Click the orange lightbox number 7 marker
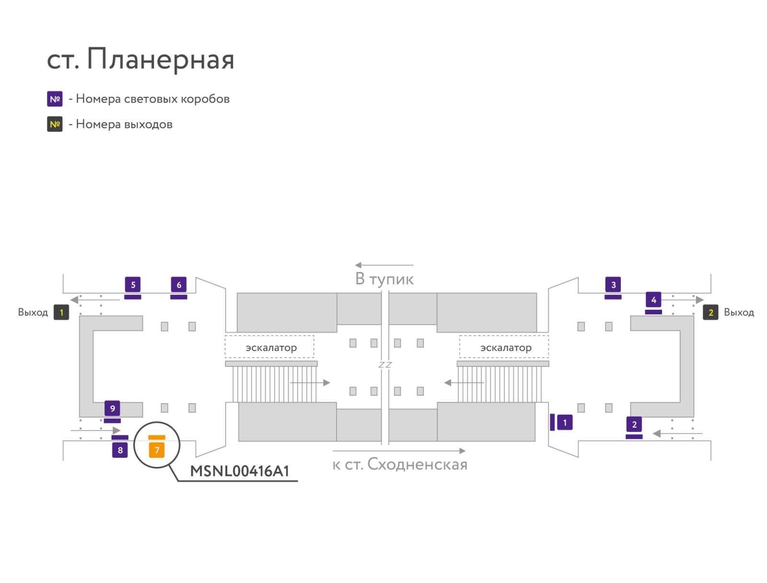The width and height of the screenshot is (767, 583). tap(157, 450)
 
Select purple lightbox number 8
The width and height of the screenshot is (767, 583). tap(120, 450)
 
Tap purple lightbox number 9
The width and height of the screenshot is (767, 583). tap(112, 408)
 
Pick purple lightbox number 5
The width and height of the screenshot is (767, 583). tap(133, 285)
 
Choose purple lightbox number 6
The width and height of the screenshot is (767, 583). tap(178, 285)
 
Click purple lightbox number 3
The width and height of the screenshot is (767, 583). tap(613, 285)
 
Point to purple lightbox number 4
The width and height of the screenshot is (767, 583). tap(653, 299)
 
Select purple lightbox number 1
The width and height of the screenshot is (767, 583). tap(565, 422)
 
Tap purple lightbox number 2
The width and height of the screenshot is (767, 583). tap(634, 424)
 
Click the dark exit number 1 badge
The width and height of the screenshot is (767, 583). tap(61, 312)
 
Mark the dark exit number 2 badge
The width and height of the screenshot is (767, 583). tap(710, 312)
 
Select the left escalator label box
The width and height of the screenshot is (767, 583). tap(269, 347)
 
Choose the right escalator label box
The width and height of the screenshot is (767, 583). tap(504, 347)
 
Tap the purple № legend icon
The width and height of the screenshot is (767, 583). tap(55, 99)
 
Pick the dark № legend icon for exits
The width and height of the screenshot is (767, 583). tap(55, 124)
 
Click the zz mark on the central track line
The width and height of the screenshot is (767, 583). tap(385, 365)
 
